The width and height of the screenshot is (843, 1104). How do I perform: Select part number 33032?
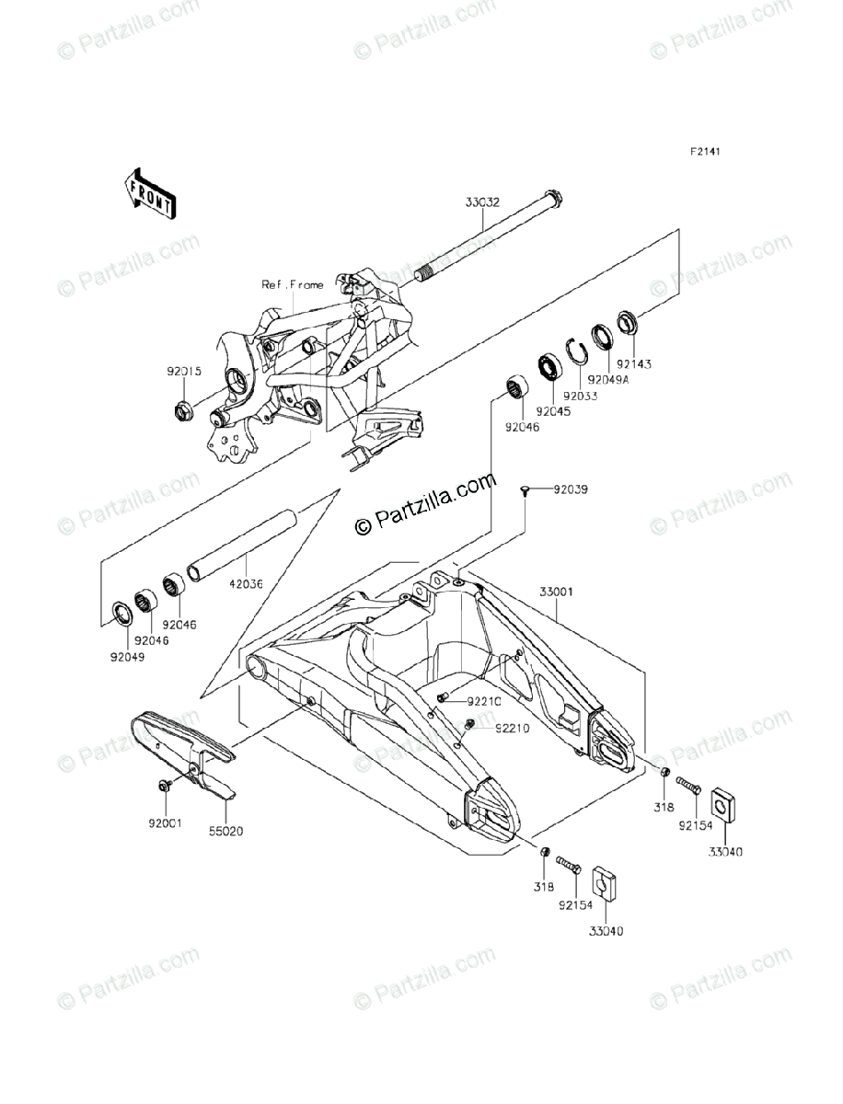482,203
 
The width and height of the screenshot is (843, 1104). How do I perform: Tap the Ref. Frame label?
293,285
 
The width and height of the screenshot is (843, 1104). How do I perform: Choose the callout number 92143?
633,363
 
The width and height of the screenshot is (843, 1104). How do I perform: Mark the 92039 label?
570,489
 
